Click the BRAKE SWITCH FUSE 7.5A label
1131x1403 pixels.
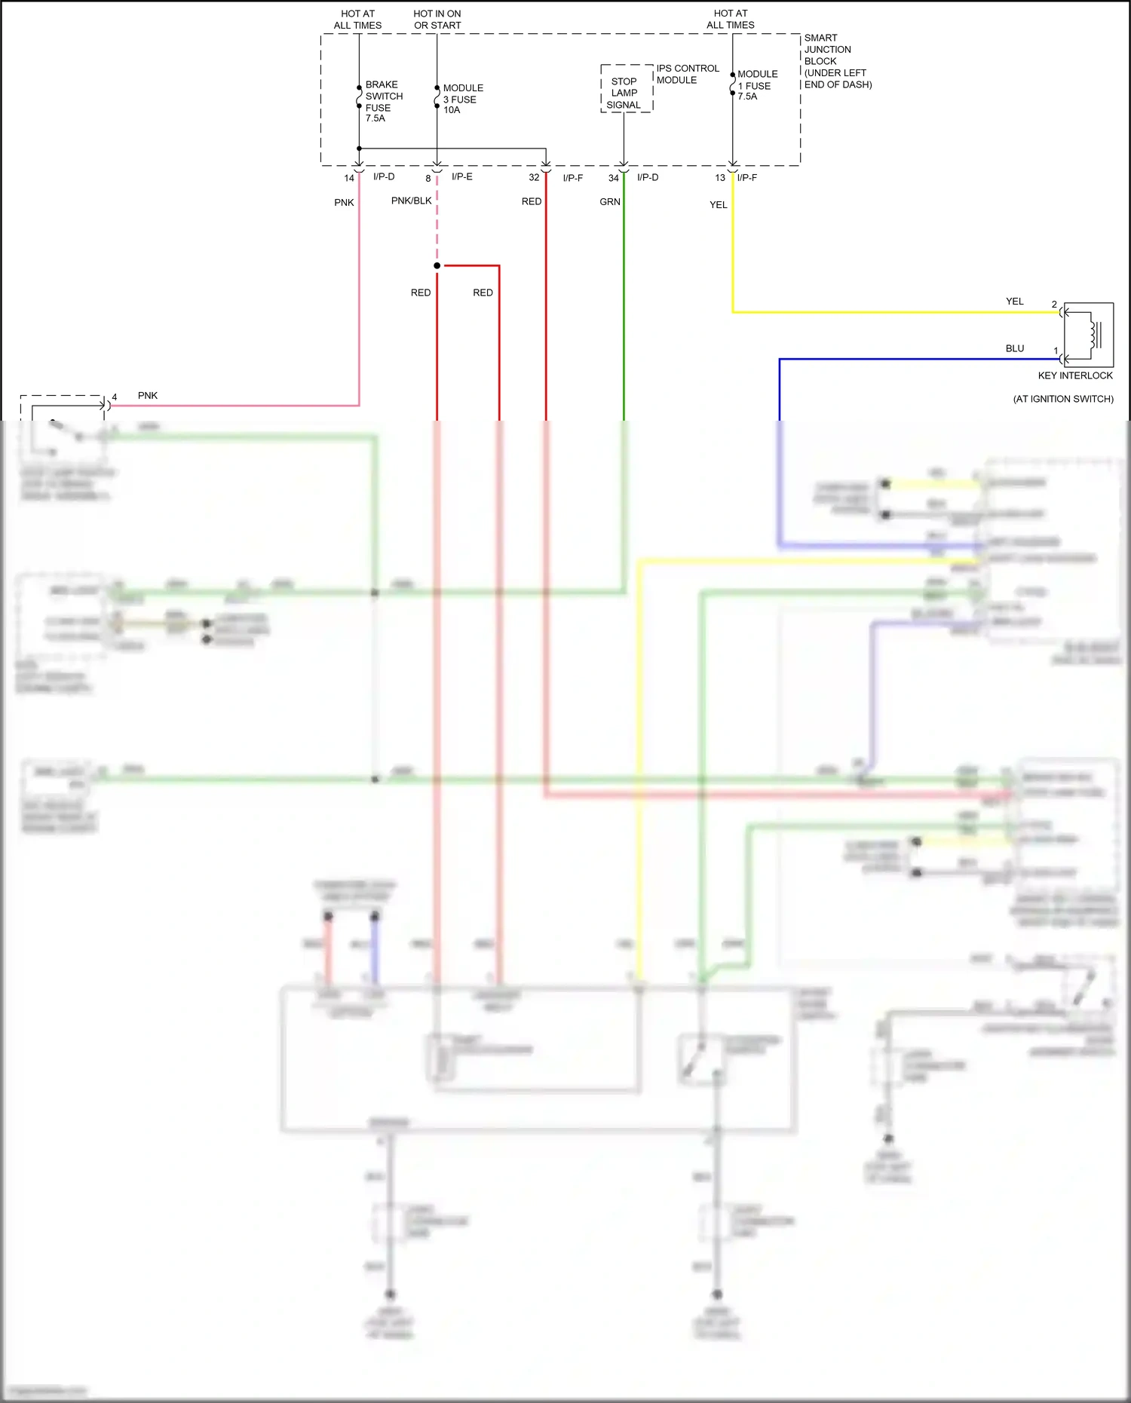pos(383,101)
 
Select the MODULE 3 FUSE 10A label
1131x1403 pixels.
pos(462,99)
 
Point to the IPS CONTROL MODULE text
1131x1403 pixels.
pos(687,74)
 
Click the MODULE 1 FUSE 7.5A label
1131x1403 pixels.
pos(756,85)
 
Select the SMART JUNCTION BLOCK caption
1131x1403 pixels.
pos(836,61)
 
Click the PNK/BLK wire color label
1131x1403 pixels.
pos(411,201)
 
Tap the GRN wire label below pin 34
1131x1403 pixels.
pos(609,202)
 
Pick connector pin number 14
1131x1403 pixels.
pos(349,179)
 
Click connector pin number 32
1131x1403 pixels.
pos(534,178)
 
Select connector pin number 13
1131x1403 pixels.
pos(719,178)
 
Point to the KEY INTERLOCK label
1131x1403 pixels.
pos(1074,375)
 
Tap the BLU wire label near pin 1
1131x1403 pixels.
pos(1014,348)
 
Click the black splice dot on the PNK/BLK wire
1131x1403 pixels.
pos(437,265)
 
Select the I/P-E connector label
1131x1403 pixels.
pos(461,177)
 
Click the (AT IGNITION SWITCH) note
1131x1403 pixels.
pos(1062,399)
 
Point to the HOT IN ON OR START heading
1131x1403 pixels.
pos(437,20)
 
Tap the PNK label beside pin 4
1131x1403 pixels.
pos(148,396)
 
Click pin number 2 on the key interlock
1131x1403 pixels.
pos(1054,305)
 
